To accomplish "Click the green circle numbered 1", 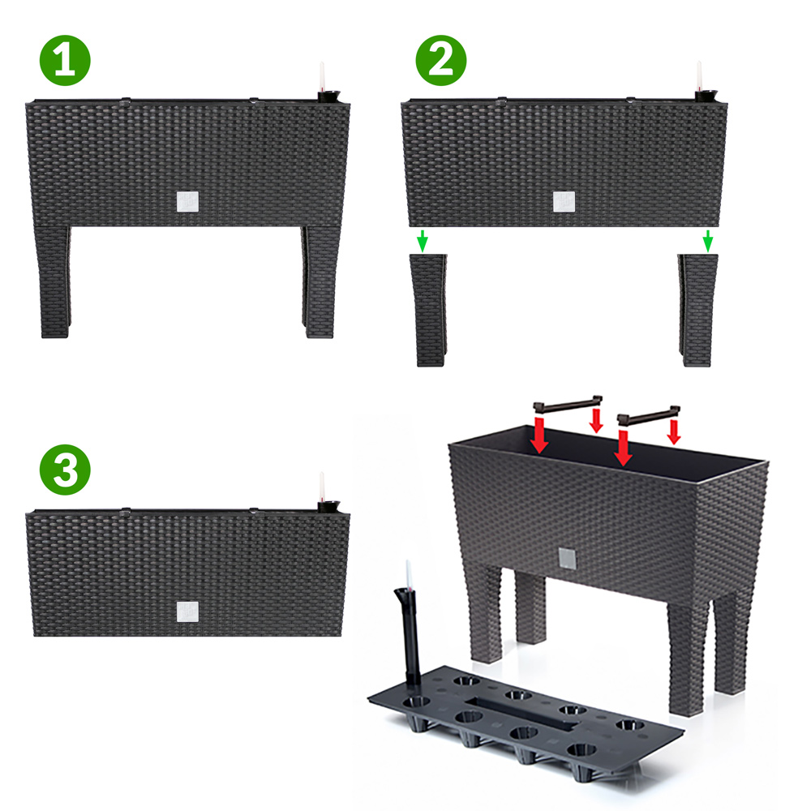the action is pos(65,61).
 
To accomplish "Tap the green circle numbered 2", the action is pos(441,61).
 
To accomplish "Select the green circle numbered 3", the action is pos(65,470).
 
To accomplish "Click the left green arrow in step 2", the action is pos(423,241).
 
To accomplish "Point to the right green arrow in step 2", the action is pos(708,241).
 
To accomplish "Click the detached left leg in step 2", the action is pos(429,311).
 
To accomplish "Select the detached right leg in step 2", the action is pos(697,311).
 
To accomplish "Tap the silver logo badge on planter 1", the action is pos(187,202).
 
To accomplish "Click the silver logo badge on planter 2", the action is pos(564,202).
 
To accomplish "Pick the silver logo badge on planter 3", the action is pos(187,611).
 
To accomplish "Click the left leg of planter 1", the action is pos(54,282).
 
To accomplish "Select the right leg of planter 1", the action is pos(321,282).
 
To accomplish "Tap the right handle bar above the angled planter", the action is pos(649,414).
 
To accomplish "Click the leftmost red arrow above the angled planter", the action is pos(539,435).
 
